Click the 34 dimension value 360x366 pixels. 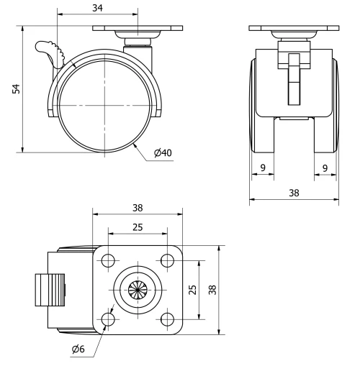[96, 8]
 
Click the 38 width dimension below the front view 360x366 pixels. [294, 193]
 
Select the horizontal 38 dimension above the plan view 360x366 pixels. [138, 207]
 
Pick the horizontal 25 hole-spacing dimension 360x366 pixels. [137, 227]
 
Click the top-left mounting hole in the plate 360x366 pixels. [109, 260]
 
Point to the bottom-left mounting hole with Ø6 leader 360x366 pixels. [109, 317]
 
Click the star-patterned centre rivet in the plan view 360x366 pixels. [137, 289]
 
